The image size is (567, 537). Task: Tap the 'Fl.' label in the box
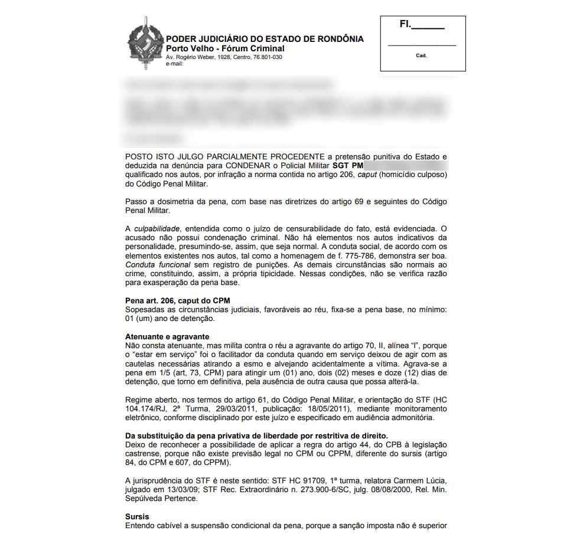405,25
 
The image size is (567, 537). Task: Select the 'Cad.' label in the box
421,55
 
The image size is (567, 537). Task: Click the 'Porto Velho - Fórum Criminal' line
225,48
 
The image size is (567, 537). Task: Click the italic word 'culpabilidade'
158,228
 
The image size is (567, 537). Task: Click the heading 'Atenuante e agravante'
167,336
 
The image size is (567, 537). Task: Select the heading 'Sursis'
137,516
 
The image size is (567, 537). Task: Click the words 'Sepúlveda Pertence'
161,498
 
